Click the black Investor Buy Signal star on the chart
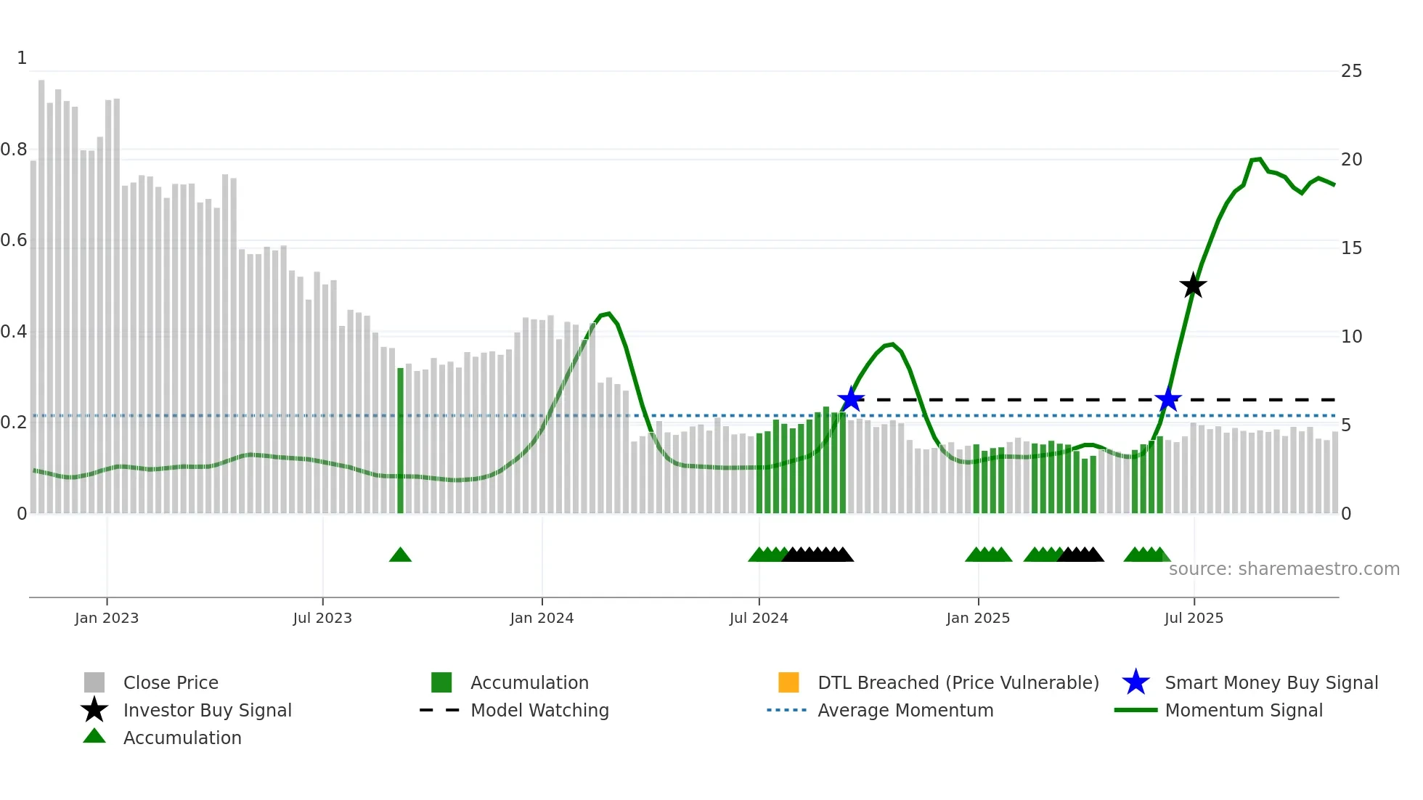tap(1193, 285)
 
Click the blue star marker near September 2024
tap(851, 399)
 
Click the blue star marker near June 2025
tap(1168, 399)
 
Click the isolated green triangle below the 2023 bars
tap(400, 555)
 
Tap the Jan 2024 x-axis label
tap(542, 618)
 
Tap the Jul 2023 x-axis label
tap(322, 618)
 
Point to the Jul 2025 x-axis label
tap(1194, 618)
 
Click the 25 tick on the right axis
tap(1351, 71)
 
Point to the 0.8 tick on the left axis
tap(14, 150)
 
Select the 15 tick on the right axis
tap(1351, 248)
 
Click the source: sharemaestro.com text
tap(1284, 569)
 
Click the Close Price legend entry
tap(171, 682)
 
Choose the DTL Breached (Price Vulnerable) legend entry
tap(958, 682)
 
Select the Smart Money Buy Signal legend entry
tap(1271, 682)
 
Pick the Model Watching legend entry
tap(539, 710)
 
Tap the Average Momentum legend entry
tap(905, 710)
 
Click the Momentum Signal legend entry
tap(1243, 710)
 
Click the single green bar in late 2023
tap(400, 440)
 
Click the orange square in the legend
tap(788, 682)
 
